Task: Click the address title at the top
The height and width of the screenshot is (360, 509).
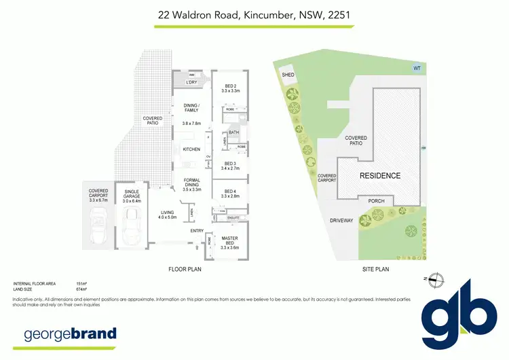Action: pos(254,14)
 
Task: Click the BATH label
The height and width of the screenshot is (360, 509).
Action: pos(233,132)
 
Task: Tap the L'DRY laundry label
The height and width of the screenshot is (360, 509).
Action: pos(191,83)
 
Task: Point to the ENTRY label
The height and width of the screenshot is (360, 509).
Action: pos(197,231)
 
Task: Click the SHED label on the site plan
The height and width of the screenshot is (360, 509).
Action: pos(287,75)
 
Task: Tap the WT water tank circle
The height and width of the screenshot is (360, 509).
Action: pos(416,67)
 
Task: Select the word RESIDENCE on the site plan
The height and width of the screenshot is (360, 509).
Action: pos(379,176)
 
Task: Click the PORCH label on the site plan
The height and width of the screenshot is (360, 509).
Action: pos(376,201)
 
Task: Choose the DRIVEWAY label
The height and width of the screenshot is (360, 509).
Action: pos(342,221)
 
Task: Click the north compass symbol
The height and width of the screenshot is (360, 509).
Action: pos(438,278)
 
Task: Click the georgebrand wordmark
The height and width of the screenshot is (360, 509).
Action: pos(71,334)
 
